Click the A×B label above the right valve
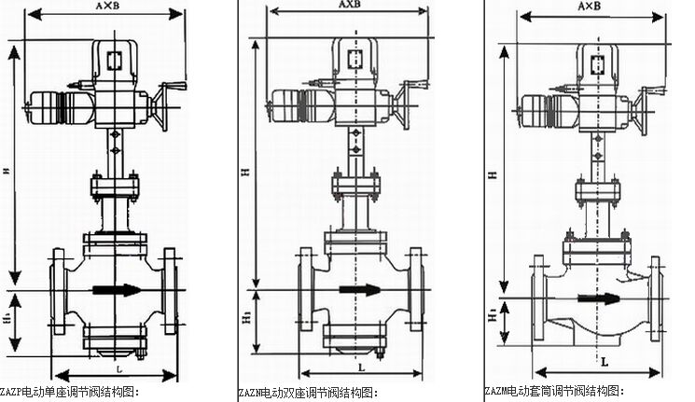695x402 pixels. point(590,7)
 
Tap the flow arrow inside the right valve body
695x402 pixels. point(598,299)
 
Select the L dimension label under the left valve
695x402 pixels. point(110,368)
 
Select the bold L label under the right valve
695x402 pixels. point(605,359)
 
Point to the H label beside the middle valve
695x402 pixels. point(243,172)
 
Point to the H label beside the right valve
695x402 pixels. point(491,174)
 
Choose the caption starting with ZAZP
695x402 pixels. point(70,393)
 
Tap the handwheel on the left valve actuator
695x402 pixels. point(169,104)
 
